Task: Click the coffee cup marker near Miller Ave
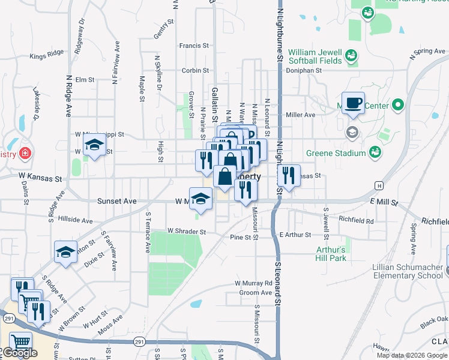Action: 353,102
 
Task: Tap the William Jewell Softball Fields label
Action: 315,56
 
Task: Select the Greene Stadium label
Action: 336,153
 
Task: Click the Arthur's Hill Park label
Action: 331,254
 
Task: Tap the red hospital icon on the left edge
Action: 25,154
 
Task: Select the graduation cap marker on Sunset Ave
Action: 201,199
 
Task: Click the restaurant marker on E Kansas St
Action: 289,175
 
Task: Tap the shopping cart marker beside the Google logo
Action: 21,342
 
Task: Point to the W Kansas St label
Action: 40,179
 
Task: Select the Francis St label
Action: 194,45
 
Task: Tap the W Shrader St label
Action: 187,231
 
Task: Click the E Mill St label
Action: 384,203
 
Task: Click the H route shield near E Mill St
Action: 379,185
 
